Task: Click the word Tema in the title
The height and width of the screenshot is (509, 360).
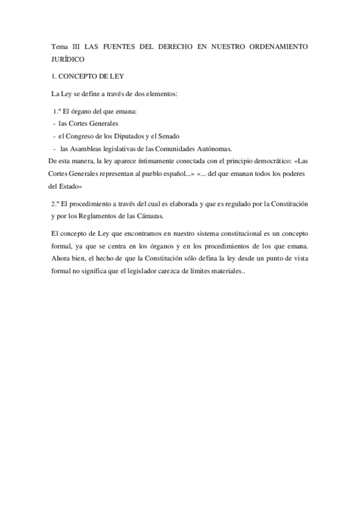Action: click(60, 46)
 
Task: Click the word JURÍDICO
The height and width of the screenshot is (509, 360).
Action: click(68, 59)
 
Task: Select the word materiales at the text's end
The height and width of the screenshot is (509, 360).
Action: click(223, 271)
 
